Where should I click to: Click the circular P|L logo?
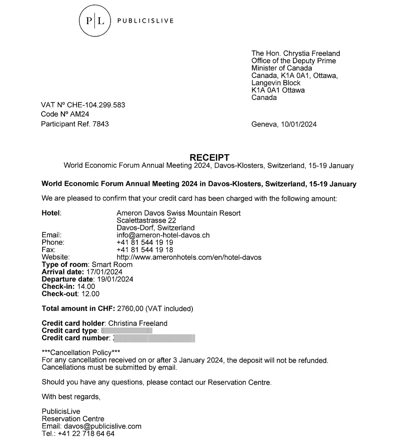[x=95, y=21]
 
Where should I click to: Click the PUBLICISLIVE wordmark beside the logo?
[x=145, y=21]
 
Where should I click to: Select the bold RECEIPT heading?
[x=209, y=158]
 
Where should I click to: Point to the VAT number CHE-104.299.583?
[x=96, y=105]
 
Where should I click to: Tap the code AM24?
[x=80, y=114]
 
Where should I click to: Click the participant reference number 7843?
[x=101, y=124]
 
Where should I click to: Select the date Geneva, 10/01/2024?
[x=284, y=124]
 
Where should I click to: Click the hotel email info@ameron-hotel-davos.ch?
[x=163, y=235]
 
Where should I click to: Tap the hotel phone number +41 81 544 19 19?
[x=145, y=242]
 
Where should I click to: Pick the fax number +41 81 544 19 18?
[x=145, y=250]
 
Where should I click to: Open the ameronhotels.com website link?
[x=189, y=257]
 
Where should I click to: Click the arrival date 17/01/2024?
[x=104, y=272]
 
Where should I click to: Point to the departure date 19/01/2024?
[x=115, y=279]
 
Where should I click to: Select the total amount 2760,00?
[x=130, y=309]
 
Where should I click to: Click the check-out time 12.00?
[x=90, y=294]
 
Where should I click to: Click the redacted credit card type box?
[x=127, y=331]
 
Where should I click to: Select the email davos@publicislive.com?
[x=102, y=426]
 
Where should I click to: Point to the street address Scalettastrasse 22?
[x=146, y=220]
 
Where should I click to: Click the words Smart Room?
[x=112, y=265]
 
